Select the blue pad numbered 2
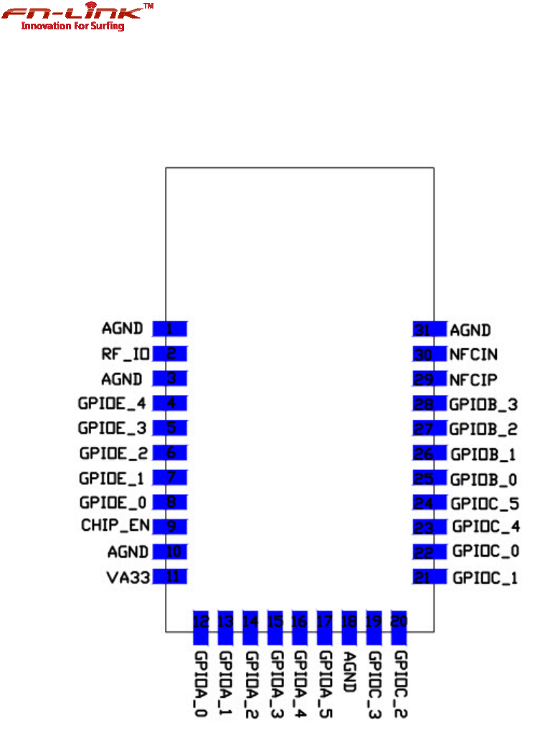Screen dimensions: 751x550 pyautogui.click(x=170, y=354)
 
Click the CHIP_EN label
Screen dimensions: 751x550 pyautogui.click(x=115, y=526)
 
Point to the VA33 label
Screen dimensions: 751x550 pyautogui.click(x=128, y=576)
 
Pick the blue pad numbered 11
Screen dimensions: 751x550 pyautogui.click(x=170, y=576)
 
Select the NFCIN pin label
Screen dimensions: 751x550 pyautogui.click(x=473, y=354)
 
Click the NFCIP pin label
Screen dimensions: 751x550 pyautogui.click(x=473, y=379)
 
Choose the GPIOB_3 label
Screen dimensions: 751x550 pyautogui.click(x=483, y=405)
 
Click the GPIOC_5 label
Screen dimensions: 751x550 pyautogui.click(x=484, y=503)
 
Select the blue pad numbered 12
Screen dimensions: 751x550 pyautogui.click(x=201, y=627)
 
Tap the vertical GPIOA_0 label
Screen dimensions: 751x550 pyautogui.click(x=201, y=684)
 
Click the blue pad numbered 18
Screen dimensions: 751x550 pyautogui.click(x=349, y=627)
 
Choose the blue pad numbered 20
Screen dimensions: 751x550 pyautogui.click(x=399, y=627)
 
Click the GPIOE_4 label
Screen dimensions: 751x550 pyautogui.click(x=112, y=403)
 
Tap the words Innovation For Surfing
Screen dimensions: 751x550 pyautogui.click(x=72, y=27)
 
